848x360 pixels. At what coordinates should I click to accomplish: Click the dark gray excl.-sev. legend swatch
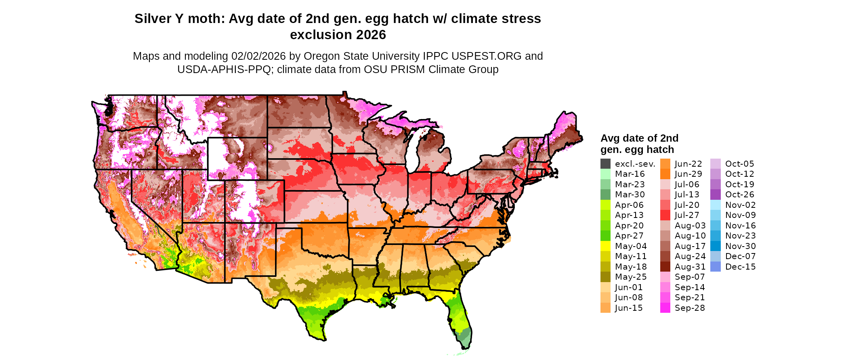[605, 164]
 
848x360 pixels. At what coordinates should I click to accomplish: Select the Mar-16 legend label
[630, 174]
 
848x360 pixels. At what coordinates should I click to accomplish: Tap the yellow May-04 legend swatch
[605, 246]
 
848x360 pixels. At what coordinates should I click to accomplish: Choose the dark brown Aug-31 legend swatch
[665, 267]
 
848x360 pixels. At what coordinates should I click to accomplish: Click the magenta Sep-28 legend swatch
[665, 308]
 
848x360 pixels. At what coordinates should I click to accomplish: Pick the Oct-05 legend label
[739, 164]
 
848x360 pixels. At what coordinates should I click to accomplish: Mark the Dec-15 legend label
[740, 267]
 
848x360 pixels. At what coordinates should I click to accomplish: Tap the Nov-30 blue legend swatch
[715, 246]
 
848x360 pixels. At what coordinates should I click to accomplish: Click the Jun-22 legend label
[688, 164]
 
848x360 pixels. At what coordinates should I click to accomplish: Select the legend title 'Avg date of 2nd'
[639, 138]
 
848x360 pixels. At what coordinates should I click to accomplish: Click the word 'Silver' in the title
[153, 19]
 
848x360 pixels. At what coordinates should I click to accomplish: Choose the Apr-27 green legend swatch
[605, 236]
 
